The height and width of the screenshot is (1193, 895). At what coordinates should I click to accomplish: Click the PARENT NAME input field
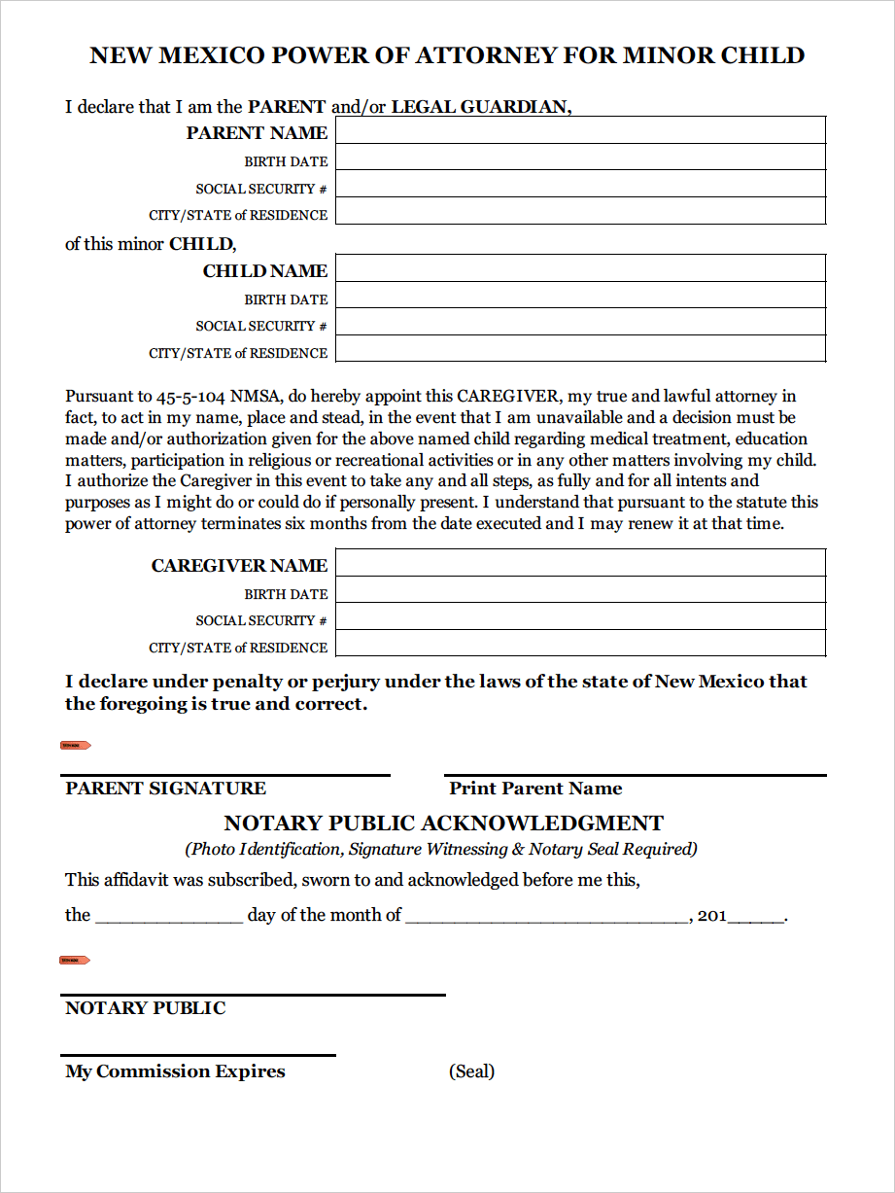580,130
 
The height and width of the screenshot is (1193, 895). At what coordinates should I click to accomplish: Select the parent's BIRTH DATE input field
580,158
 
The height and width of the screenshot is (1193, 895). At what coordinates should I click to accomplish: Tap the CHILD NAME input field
580,268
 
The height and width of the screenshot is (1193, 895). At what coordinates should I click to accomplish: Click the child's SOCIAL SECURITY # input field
580,322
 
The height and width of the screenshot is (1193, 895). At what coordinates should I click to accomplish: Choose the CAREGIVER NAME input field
580,563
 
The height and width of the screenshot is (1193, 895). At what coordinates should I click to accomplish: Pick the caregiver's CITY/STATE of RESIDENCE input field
580,644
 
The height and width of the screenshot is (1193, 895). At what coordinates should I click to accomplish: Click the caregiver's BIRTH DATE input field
580,590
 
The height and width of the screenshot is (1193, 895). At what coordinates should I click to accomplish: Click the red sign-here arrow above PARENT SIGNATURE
76,746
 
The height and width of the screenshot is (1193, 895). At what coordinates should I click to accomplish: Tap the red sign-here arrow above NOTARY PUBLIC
76,961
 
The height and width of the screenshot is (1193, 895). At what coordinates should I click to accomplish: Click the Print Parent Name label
535,789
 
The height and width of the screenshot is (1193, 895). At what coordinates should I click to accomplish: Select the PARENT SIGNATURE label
165,789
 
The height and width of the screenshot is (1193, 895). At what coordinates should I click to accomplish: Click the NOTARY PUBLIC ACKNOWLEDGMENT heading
444,824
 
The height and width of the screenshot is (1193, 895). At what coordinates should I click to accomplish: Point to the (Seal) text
471,1071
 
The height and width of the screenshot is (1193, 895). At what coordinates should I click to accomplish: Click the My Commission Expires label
175,1071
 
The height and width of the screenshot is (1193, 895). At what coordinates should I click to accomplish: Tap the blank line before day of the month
169,917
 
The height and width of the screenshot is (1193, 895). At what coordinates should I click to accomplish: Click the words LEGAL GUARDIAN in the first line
480,107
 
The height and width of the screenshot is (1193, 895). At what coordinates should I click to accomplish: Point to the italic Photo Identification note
441,849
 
